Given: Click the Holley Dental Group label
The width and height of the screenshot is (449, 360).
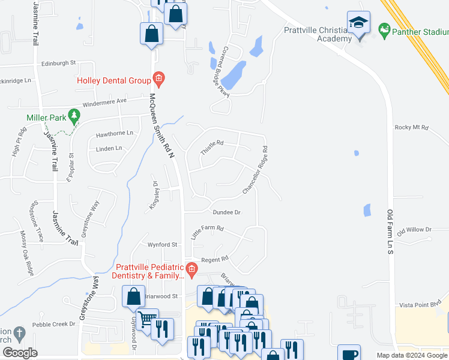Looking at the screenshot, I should [113, 80].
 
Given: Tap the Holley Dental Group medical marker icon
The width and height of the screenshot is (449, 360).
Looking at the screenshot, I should [158, 78].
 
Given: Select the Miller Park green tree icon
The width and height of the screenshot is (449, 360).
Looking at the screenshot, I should [74, 115].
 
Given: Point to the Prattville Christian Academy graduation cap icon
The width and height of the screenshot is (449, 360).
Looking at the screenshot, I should [359, 23].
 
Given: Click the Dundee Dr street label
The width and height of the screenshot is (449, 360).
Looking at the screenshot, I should [226, 212].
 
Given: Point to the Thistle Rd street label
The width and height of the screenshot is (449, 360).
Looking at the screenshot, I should [211, 147].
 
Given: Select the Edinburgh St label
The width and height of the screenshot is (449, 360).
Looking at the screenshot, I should [59, 62].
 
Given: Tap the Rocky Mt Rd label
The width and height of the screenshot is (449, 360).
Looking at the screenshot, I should [411, 127].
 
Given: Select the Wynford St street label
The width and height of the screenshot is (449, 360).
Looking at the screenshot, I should [163, 245].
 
